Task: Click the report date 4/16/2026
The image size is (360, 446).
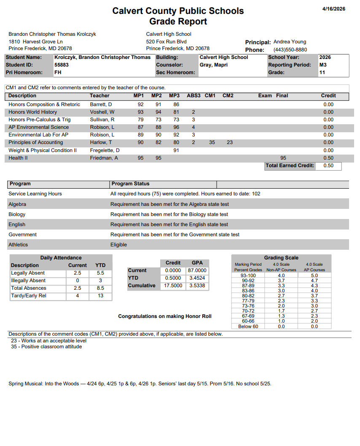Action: pyautogui.click(x=333, y=9)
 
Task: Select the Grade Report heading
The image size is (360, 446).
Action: pyautogui.click(x=178, y=21)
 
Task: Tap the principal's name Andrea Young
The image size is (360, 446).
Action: pyautogui.click(x=290, y=42)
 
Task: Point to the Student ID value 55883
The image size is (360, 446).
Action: pyautogui.click(x=62, y=65)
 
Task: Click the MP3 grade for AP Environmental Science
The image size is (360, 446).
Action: pyautogui.click(x=176, y=127)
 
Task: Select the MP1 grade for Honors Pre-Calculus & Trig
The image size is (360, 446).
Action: pyautogui.click(x=141, y=120)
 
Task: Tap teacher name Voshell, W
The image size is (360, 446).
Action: pyautogui.click(x=102, y=112)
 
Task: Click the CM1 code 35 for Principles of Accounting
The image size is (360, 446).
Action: pyautogui.click(x=212, y=142)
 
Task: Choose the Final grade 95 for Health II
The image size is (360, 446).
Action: pyautogui.click(x=283, y=158)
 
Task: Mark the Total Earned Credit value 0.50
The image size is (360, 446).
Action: pyautogui.click(x=328, y=166)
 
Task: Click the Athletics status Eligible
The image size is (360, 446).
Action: pyautogui.click(x=118, y=245)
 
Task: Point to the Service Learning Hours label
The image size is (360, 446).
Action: pyautogui.click(x=35, y=194)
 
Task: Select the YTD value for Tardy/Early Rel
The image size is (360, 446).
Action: pyautogui.click(x=100, y=296)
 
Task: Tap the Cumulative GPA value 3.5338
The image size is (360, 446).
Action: pyautogui.click(x=197, y=286)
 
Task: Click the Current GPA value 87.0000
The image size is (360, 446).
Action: pyautogui.click(x=197, y=270)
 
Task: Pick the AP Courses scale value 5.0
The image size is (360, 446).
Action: pyautogui.click(x=314, y=275)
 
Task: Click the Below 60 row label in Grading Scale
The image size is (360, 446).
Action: pyautogui.click(x=248, y=326)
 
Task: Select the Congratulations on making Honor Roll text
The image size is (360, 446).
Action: pyautogui.click(x=165, y=316)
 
